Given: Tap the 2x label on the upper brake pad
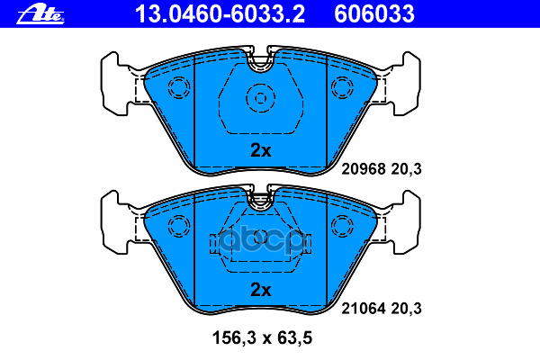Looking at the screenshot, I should [260, 151].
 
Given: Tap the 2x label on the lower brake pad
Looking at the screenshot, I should [260, 290].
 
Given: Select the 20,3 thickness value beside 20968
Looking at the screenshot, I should [406, 168].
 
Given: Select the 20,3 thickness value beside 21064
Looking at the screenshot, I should [406, 308].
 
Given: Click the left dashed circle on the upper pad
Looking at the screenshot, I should [177, 87].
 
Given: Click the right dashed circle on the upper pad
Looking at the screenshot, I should [343, 87].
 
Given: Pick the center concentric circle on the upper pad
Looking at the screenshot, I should [260, 97].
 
